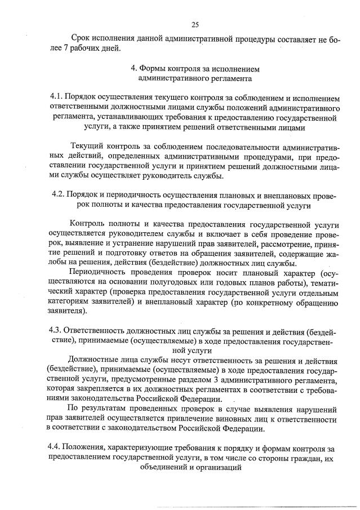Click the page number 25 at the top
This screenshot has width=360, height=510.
coord(195,24)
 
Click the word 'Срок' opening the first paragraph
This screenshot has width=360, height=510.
coord(82,39)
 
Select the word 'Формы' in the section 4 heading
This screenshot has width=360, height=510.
coord(152,69)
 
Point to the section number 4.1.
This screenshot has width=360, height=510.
coord(57,97)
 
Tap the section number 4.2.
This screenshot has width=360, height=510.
coord(57,196)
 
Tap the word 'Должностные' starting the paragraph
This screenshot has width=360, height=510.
coord(94,360)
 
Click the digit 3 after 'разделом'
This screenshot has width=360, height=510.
coord(206,379)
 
